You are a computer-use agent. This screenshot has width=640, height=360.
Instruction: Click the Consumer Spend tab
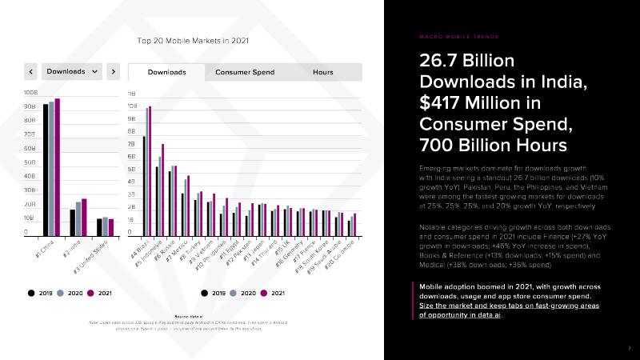245,72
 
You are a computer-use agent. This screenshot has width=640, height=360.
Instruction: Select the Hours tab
323,72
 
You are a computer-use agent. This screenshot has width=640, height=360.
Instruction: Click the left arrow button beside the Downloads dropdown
31,71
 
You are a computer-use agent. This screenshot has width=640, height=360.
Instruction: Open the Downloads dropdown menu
72,71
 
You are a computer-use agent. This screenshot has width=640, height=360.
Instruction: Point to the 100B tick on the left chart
30,93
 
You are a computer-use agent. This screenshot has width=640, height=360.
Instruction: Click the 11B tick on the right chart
132,94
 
